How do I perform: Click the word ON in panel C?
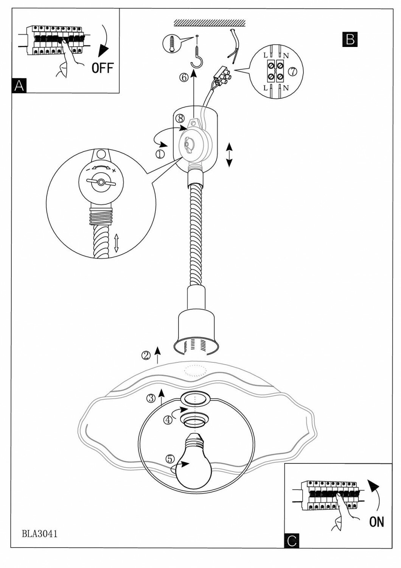[x=376, y=522]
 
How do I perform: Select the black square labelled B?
[x=350, y=39]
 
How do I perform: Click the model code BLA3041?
[x=39, y=534]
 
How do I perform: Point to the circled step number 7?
[x=292, y=71]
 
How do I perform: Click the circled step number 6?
[x=184, y=77]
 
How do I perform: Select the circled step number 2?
[x=146, y=355]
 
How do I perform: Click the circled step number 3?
[x=151, y=398]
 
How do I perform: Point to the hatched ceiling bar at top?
[x=210, y=23]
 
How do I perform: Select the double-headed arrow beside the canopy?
[x=229, y=154]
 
